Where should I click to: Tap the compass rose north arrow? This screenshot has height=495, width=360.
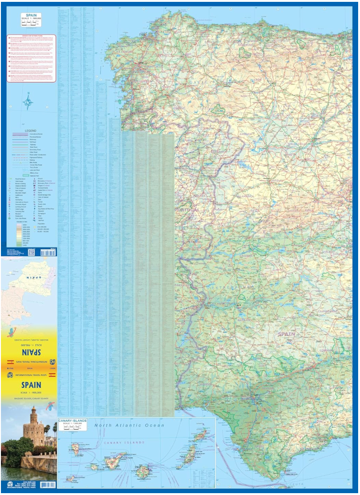tap(28, 101)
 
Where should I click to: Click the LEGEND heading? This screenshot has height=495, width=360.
tap(30, 131)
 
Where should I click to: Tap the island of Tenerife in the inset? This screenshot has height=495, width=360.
tap(114, 461)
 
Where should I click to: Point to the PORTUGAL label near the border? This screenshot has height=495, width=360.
tap(187, 210)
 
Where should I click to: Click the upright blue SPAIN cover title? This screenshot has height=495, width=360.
tap(31, 385)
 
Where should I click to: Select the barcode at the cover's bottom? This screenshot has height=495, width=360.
tap(47, 485)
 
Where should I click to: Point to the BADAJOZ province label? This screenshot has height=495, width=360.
tap(246, 320)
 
